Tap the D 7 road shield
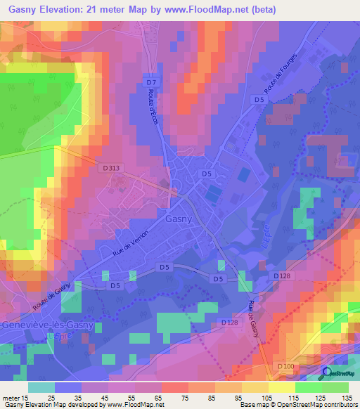(150, 84)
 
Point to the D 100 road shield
(285, 366)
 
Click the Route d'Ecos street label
(155, 110)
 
